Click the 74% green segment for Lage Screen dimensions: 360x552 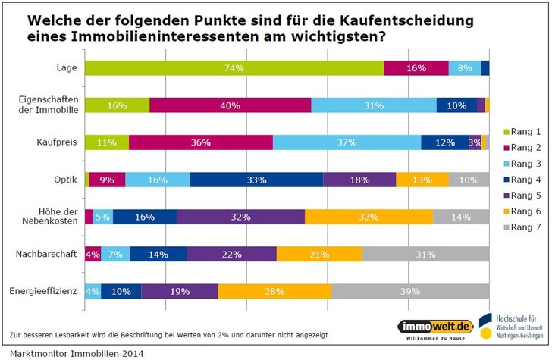234,68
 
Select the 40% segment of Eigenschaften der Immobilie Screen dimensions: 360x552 230,105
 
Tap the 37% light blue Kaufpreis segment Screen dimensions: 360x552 347,142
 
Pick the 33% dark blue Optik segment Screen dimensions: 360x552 256,180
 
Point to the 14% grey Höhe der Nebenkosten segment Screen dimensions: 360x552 461,217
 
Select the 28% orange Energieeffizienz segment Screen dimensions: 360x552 274,291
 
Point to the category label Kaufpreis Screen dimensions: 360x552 57,142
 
